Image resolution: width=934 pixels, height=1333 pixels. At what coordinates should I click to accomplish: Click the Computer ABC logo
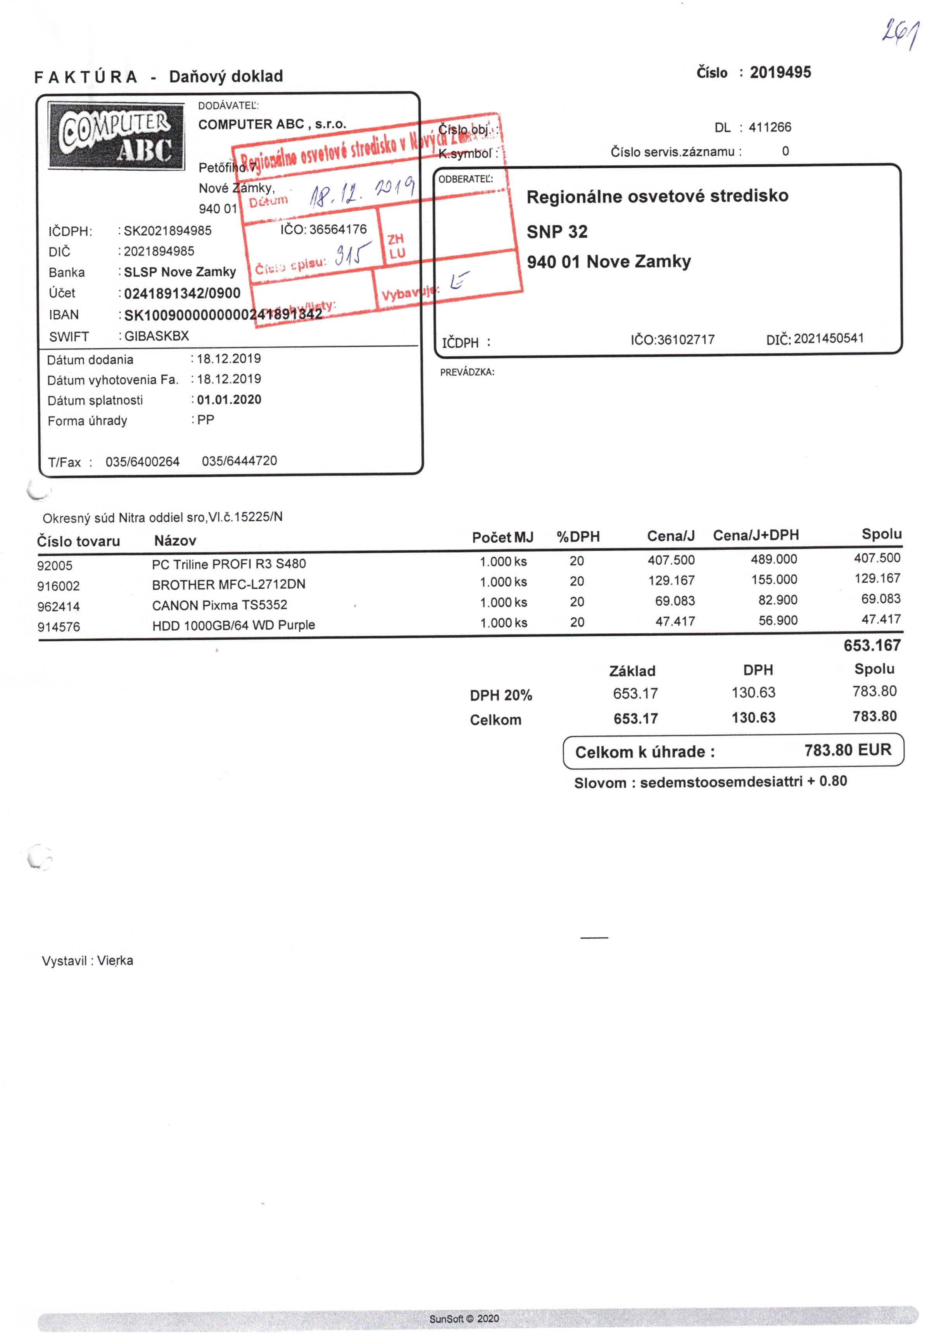coord(116,135)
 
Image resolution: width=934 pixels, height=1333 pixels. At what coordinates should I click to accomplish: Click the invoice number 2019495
coord(780,73)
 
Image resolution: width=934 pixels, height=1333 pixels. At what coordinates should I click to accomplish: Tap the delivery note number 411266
coord(769,127)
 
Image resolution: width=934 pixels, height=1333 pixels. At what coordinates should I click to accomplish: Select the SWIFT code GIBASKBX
coord(156,335)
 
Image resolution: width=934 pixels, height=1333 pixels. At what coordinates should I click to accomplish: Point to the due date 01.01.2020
coord(229,399)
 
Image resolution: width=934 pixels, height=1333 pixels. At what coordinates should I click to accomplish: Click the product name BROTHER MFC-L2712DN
coord(229,584)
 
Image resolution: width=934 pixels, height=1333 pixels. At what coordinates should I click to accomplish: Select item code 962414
coord(59,607)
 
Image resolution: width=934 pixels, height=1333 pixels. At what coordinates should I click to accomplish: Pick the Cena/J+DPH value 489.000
coord(774,559)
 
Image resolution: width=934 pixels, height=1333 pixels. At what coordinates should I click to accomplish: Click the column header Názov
coord(175,541)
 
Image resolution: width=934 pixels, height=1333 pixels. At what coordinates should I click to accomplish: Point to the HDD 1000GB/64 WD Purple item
coord(233,625)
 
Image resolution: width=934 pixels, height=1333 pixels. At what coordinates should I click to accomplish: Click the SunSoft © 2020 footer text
coord(464,1319)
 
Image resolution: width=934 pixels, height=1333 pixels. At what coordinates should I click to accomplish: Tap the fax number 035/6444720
coord(239,461)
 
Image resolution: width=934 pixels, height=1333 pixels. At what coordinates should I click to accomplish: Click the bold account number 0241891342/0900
coord(182,293)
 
